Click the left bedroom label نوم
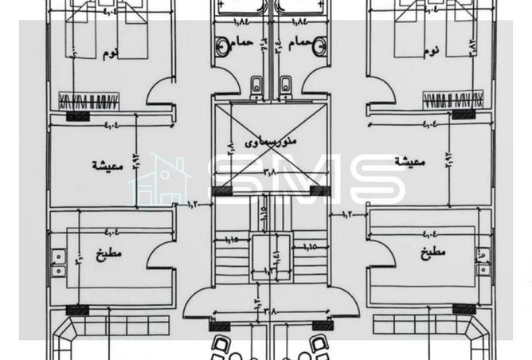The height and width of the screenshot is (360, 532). (x=111, y=53)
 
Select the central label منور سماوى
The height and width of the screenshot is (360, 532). (x=270, y=139)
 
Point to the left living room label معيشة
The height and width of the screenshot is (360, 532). (x=105, y=165)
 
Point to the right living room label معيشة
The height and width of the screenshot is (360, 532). (x=410, y=161)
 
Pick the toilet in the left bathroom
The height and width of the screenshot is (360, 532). (x=256, y=84)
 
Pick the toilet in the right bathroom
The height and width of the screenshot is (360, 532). (x=284, y=84)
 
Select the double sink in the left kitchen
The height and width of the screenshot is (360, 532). (x=58, y=264)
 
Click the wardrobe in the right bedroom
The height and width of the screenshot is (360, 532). (x=452, y=100)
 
